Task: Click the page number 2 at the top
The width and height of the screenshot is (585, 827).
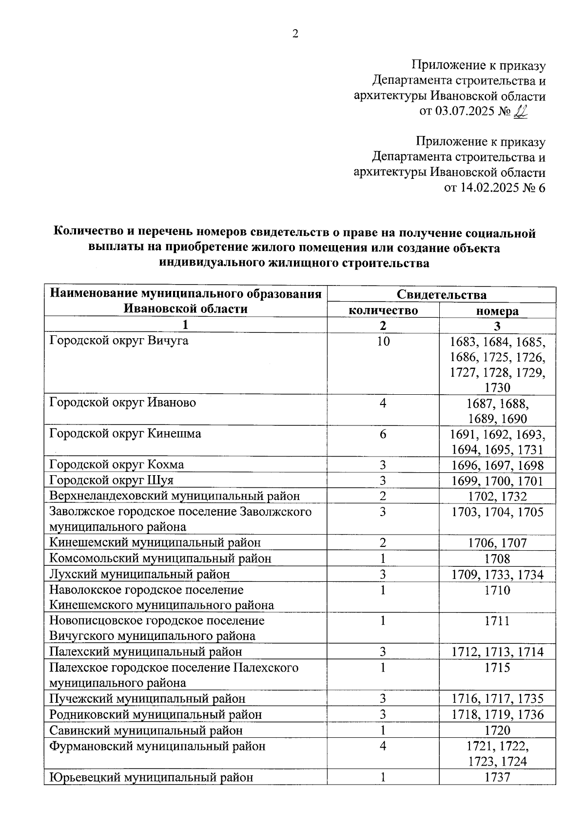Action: tap(294, 34)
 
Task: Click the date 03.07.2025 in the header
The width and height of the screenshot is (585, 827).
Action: tap(465, 112)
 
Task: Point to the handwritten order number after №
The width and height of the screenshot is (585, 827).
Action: tap(520, 112)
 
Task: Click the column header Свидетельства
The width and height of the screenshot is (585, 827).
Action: tap(441, 295)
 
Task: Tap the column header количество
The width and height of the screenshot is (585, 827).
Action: tap(383, 310)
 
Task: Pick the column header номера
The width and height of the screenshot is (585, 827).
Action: tap(497, 311)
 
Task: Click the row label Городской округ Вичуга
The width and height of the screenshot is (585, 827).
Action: tap(119, 341)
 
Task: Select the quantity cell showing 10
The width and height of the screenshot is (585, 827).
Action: tap(383, 341)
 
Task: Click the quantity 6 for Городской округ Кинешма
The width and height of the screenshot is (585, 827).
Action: tap(383, 434)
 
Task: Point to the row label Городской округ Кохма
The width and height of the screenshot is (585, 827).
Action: tap(117, 464)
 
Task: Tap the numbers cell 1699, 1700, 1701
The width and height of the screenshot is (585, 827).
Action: tap(497, 481)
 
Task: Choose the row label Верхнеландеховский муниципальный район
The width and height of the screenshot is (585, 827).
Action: tap(175, 496)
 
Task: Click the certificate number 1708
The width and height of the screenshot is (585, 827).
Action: tap(497, 558)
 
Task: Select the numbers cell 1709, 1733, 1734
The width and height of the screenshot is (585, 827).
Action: tap(497, 575)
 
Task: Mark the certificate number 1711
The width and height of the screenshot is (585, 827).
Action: tap(497, 621)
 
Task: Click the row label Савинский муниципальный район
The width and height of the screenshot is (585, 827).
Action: tap(146, 730)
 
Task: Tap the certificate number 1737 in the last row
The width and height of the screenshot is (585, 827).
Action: tap(497, 777)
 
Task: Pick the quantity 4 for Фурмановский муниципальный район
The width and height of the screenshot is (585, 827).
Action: tap(383, 746)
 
